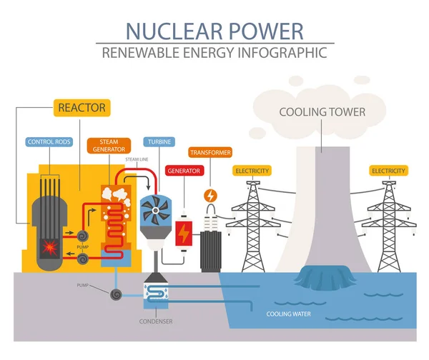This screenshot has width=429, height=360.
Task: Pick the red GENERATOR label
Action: [x=182, y=171]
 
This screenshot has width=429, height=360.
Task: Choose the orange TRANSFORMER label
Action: [x=210, y=152]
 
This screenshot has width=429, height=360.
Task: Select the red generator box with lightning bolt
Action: [x=183, y=233]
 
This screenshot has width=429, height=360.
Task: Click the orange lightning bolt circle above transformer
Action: [x=210, y=194]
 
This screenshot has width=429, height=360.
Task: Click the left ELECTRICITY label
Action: [x=252, y=171]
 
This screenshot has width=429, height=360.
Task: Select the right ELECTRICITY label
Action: [x=388, y=171]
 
